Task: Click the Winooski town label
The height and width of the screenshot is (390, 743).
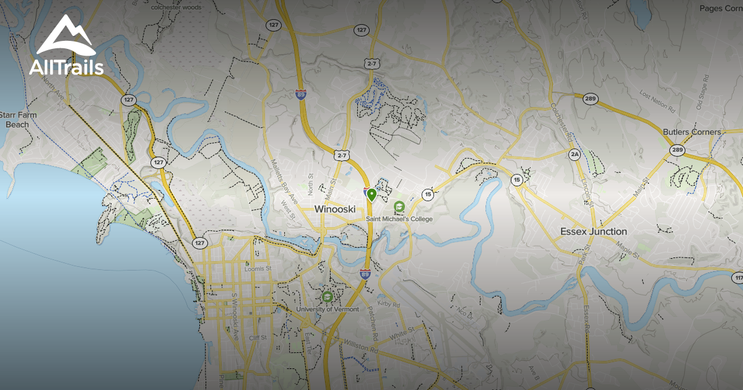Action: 335,209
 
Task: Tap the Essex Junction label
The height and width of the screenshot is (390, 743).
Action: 593,232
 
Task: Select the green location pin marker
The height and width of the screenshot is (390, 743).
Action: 371,195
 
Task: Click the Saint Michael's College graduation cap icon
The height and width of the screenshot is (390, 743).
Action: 399,206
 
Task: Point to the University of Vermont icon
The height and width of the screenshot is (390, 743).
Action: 327,297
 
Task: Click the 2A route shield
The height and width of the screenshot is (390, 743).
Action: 575,154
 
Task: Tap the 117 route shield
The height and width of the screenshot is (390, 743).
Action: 737,279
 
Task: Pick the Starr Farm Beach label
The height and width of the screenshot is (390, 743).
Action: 18,119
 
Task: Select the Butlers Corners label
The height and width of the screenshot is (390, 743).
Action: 692,132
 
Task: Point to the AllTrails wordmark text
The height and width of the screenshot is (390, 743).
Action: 66,67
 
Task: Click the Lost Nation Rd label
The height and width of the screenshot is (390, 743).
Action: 657,102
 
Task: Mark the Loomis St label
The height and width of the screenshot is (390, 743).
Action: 258,269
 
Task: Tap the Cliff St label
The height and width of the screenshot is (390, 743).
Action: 258,338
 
